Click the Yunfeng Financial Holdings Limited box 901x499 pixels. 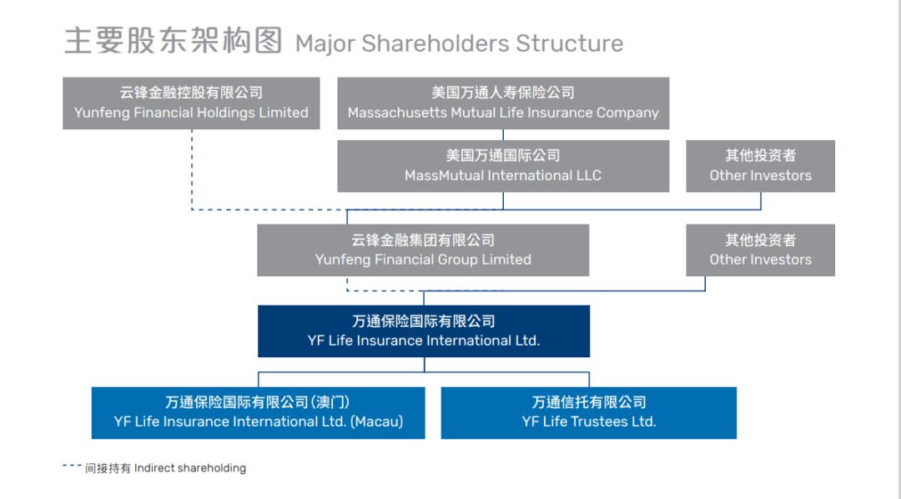191,103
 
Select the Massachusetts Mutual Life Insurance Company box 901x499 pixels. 503,103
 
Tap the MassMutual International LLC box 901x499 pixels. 503,166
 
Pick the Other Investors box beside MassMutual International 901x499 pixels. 760,166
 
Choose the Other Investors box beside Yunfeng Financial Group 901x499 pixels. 760,250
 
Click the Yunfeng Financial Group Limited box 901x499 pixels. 423,250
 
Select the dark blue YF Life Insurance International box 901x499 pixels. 424,331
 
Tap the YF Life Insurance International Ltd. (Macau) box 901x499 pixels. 258,412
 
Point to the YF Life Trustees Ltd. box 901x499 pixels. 589,412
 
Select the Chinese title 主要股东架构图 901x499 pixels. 174,41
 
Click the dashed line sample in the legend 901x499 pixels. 72,466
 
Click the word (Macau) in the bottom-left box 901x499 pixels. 376,422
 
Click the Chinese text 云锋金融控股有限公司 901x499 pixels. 191,93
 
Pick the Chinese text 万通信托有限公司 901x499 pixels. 589,402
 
